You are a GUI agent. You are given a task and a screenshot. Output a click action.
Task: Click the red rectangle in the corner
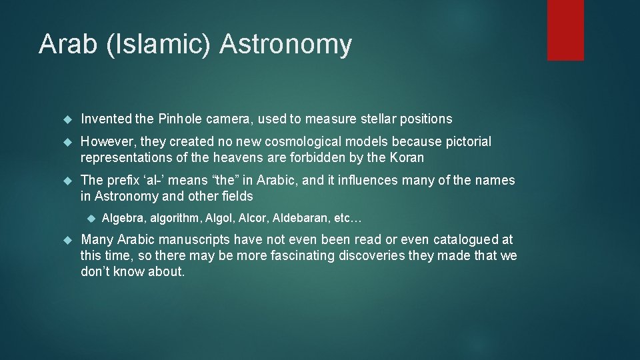[x=565, y=30]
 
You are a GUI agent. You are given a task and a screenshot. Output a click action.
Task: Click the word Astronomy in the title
[x=285, y=44]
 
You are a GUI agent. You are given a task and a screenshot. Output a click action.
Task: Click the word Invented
[x=106, y=119]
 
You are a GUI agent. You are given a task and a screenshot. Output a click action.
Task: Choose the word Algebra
[x=123, y=219]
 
